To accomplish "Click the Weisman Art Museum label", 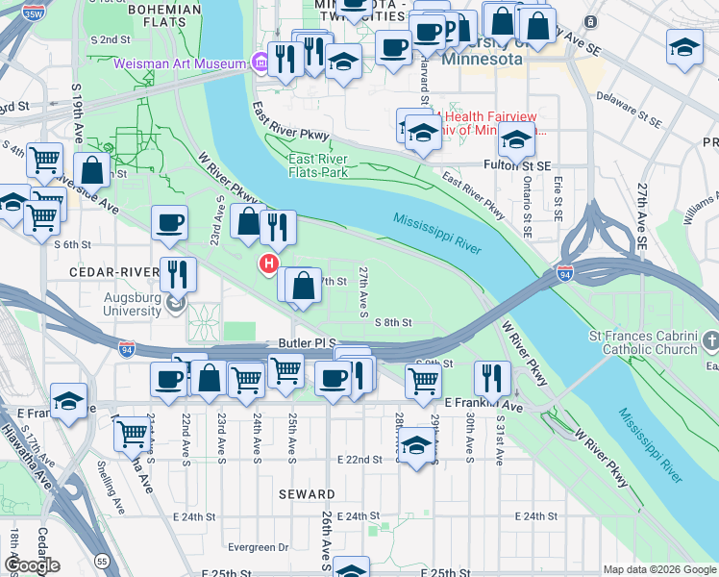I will [181, 63].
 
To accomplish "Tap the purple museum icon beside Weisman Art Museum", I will [260, 63].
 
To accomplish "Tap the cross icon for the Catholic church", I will [710, 341].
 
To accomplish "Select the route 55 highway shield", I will [102, 559].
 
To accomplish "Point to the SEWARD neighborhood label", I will [307, 494].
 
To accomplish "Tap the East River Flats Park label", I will [318, 165].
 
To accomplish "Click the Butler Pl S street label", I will [306, 342].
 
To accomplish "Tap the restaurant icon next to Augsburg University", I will [178, 273].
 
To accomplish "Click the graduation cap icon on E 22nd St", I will [416, 446].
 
